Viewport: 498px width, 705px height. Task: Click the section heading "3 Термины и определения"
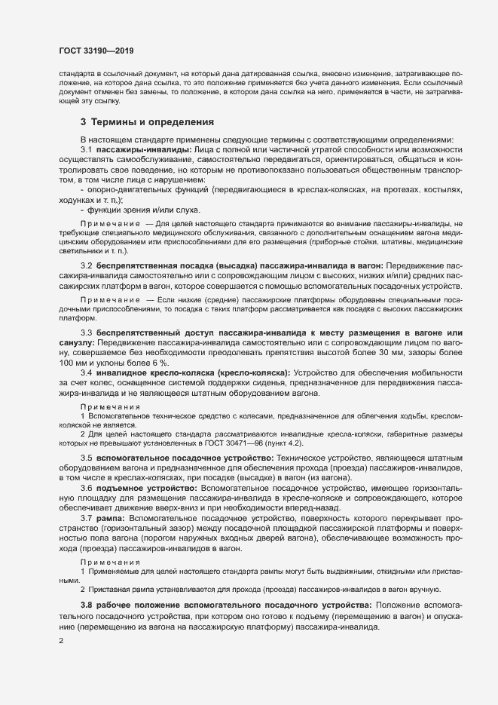tap(147, 122)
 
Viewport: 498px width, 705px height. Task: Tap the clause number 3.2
tap(86, 267)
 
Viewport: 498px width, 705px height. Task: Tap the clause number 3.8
tap(86, 605)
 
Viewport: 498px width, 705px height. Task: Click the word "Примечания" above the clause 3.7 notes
tap(110, 562)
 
